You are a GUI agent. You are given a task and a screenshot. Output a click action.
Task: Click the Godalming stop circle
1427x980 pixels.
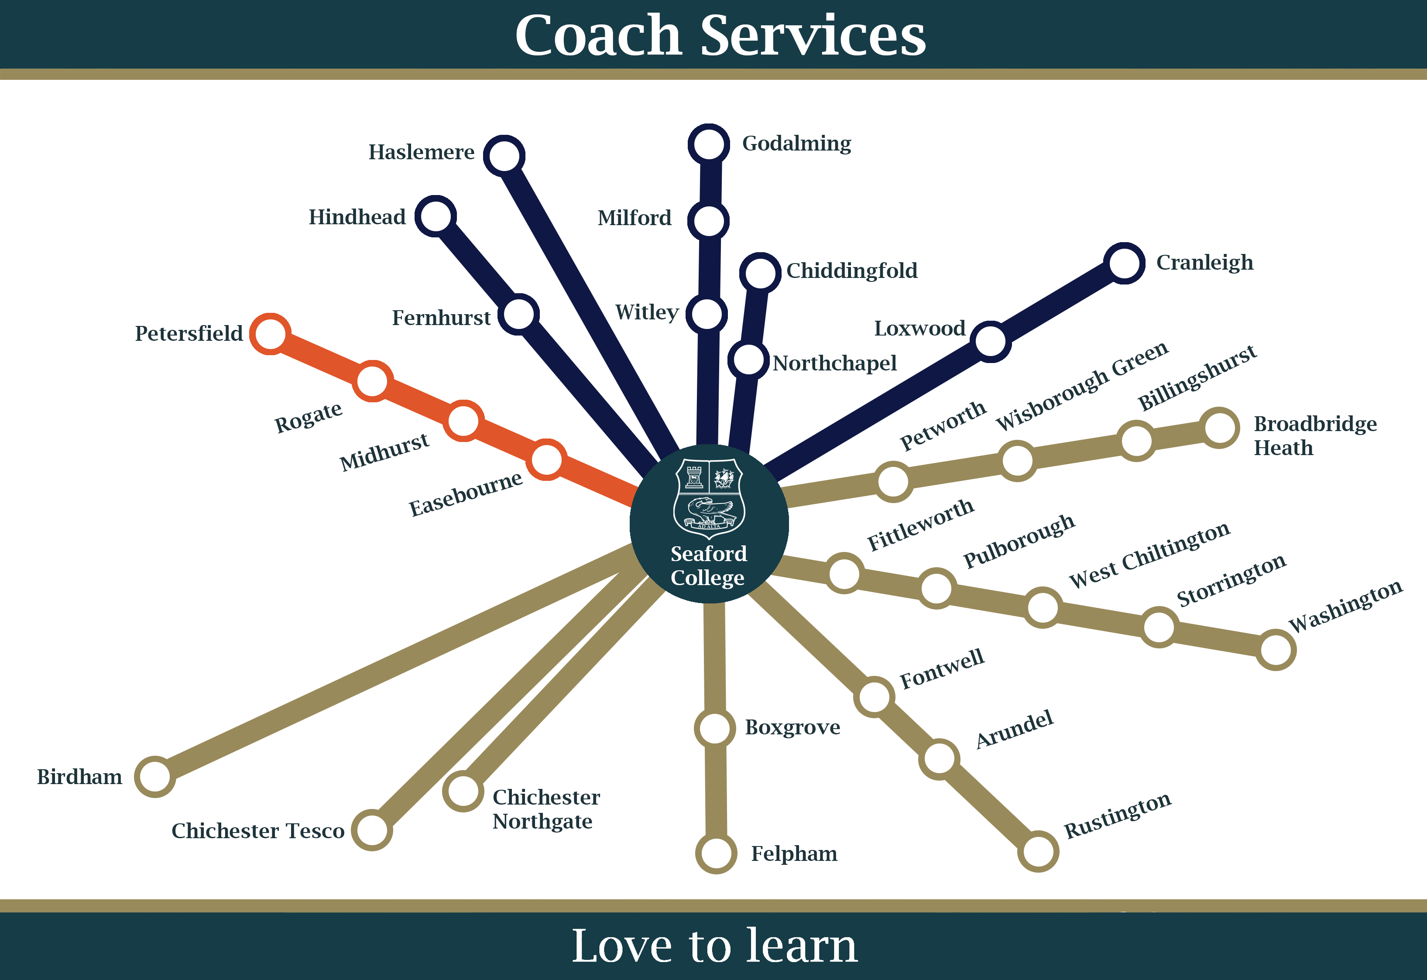pyautogui.click(x=709, y=144)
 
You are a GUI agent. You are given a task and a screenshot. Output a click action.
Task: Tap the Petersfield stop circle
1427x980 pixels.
pyautogui.click(x=270, y=333)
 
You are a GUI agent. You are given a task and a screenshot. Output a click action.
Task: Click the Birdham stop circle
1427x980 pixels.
pyautogui.click(x=155, y=776)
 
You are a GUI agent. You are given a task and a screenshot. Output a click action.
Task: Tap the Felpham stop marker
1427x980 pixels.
pyautogui.click(x=716, y=853)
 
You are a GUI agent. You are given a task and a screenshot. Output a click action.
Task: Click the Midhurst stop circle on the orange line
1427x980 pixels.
pyautogui.click(x=463, y=421)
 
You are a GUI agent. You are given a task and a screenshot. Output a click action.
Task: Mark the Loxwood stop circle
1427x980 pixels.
pyautogui.click(x=991, y=341)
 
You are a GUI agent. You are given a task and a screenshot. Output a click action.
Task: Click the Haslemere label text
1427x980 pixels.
pyautogui.click(x=421, y=152)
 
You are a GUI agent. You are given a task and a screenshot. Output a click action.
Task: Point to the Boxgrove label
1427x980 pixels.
pyautogui.click(x=792, y=727)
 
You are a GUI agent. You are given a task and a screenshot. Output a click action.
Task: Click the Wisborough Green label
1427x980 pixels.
pyautogui.click(x=1082, y=386)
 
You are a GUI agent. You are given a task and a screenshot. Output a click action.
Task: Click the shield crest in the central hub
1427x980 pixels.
pyautogui.click(x=709, y=498)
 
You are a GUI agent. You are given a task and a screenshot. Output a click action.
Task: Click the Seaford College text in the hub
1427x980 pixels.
pyautogui.click(x=709, y=565)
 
